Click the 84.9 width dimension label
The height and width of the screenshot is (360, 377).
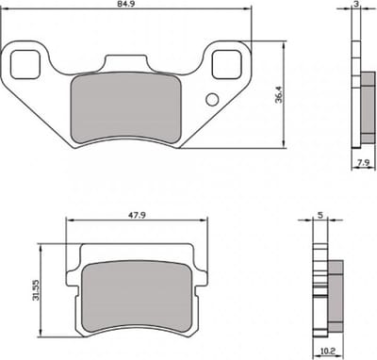point(126,5)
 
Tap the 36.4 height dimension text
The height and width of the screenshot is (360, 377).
point(278,95)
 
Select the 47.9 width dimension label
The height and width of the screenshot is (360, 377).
point(137,215)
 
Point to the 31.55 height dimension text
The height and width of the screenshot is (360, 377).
point(36,290)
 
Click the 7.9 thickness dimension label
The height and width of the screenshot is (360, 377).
point(363,162)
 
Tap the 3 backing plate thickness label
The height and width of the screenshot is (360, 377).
point(356,4)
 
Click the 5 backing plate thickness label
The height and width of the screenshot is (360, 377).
point(320,215)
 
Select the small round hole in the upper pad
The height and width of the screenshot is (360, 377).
point(212,99)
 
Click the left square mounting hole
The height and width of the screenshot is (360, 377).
point(25,64)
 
